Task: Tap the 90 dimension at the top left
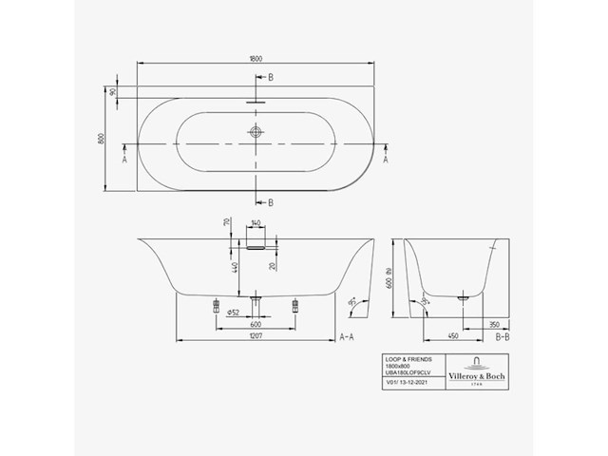(112, 93)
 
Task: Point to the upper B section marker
(270, 77)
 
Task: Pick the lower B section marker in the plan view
(270, 202)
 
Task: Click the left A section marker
(124, 160)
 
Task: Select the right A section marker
(385, 160)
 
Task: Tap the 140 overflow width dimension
(255, 225)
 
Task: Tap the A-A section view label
(349, 337)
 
